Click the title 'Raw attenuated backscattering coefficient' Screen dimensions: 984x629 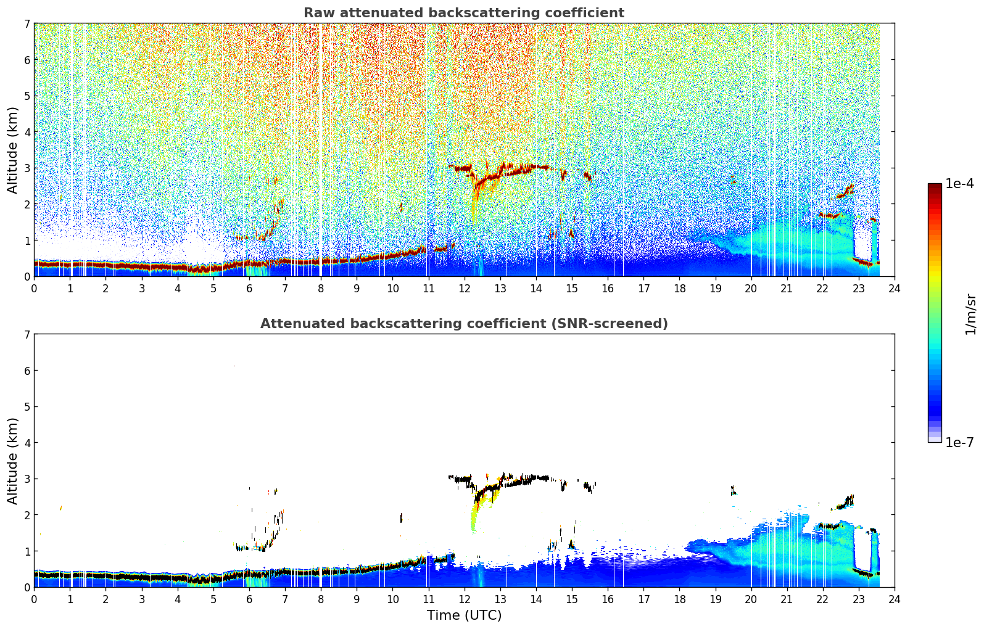pyautogui.click(x=464, y=13)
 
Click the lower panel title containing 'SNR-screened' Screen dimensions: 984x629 pyautogui.click(x=464, y=324)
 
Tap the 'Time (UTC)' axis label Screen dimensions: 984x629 pyautogui.click(x=464, y=615)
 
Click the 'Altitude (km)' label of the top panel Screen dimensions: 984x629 pyautogui.click(x=12, y=150)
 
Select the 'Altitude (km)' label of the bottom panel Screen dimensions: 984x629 pyautogui.click(x=12, y=461)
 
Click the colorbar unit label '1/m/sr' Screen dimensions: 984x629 pyautogui.click(x=970, y=314)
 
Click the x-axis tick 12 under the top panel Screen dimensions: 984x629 pyautogui.click(x=465, y=289)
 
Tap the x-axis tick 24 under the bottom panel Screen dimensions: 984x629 pyautogui.click(x=895, y=599)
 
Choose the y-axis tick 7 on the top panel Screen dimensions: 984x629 pyautogui.click(x=27, y=23)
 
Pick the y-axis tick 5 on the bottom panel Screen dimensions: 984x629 pyautogui.click(x=27, y=407)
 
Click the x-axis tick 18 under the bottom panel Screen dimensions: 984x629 pyautogui.click(x=680, y=599)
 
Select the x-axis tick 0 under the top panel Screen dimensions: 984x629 pyautogui.click(x=35, y=289)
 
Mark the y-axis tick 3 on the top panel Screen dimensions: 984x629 pyautogui.click(x=27, y=168)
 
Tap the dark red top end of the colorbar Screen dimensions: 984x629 pyautogui.click(x=935, y=186)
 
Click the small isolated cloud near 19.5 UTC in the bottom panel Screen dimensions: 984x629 pyautogui.click(x=733, y=490)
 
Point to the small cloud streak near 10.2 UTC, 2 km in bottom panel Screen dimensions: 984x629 pyautogui.click(x=401, y=518)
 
